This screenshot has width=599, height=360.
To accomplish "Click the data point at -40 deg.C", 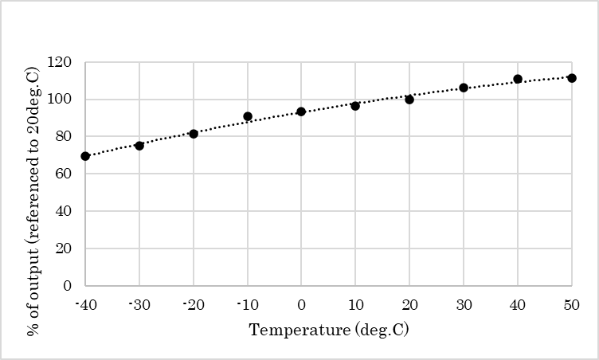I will pyautogui.click(x=85, y=156).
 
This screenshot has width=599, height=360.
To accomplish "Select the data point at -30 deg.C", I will pyautogui.click(x=139, y=146).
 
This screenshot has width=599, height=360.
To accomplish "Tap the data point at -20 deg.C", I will pyautogui.click(x=194, y=134).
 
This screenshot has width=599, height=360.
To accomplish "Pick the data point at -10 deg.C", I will pyautogui.click(x=248, y=116).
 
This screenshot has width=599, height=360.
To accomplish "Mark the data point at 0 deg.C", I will pyautogui.click(x=301, y=112).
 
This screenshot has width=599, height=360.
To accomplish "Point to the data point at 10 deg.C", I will pyautogui.click(x=355, y=106).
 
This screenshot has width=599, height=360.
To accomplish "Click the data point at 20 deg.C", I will pyautogui.click(x=409, y=100).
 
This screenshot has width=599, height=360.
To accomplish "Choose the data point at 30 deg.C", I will pyautogui.click(x=464, y=88).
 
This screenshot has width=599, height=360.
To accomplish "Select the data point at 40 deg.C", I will pyautogui.click(x=518, y=79).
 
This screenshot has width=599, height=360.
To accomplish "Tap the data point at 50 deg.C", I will pyautogui.click(x=572, y=78).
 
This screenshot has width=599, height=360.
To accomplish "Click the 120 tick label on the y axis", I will pyautogui.click(x=60, y=62).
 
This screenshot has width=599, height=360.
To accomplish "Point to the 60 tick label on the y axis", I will pyautogui.click(x=64, y=174).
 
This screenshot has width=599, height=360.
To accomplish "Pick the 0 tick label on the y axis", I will pyautogui.click(x=68, y=285).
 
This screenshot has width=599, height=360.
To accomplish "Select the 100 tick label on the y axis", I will pyautogui.click(x=60, y=100).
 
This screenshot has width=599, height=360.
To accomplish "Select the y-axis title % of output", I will pyautogui.click(x=33, y=174).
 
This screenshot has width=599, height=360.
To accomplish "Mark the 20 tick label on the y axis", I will pyautogui.click(x=64, y=248).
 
